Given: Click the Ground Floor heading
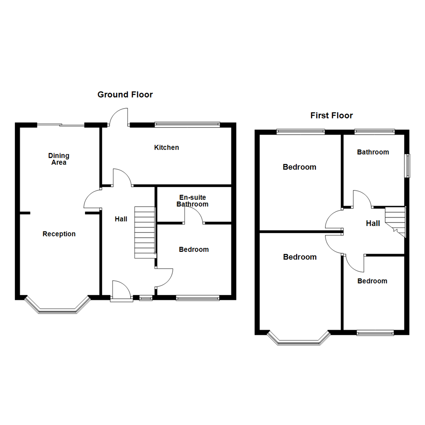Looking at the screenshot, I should coord(125,94).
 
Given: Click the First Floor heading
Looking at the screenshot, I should coord(331,115).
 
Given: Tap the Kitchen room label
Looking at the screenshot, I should coord(166,148).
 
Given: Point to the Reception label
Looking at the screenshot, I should coord(59,234).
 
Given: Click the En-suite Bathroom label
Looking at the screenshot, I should coord(192,201).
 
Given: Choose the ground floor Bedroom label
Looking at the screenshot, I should coord(194,249).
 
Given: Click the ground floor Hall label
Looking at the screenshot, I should coord(121,219).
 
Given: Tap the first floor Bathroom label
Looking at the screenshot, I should coord(373,152).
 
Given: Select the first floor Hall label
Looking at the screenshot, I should coord(373,224).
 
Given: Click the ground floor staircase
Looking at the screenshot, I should coord(144,232).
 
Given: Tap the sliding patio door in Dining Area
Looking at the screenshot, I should coord(61,125).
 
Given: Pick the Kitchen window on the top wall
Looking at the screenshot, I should coord(187,125).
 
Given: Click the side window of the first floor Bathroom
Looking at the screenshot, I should coord(408,165).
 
